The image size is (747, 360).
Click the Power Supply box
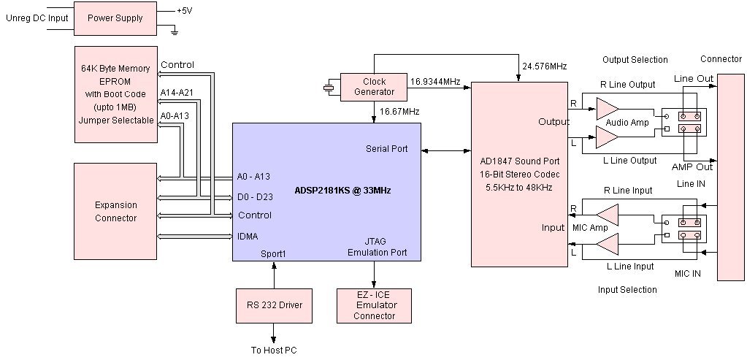click(115, 18)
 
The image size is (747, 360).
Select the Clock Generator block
click(374, 86)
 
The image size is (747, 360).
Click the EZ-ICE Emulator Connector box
click(374, 305)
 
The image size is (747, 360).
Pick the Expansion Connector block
click(115, 212)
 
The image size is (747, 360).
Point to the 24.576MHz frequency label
click(545, 66)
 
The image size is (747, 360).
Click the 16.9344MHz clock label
click(435, 82)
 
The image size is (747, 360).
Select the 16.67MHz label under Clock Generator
click(399, 112)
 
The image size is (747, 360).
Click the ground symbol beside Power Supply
click(174, 31)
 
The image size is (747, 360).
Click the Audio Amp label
click(627, 122)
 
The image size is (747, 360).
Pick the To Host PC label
click(274, 351)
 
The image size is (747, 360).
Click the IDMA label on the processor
click(248, 236)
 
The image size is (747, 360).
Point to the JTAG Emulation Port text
click(377, 248)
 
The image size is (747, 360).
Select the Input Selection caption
click(627, 290)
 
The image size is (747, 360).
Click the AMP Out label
click(692, 166)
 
